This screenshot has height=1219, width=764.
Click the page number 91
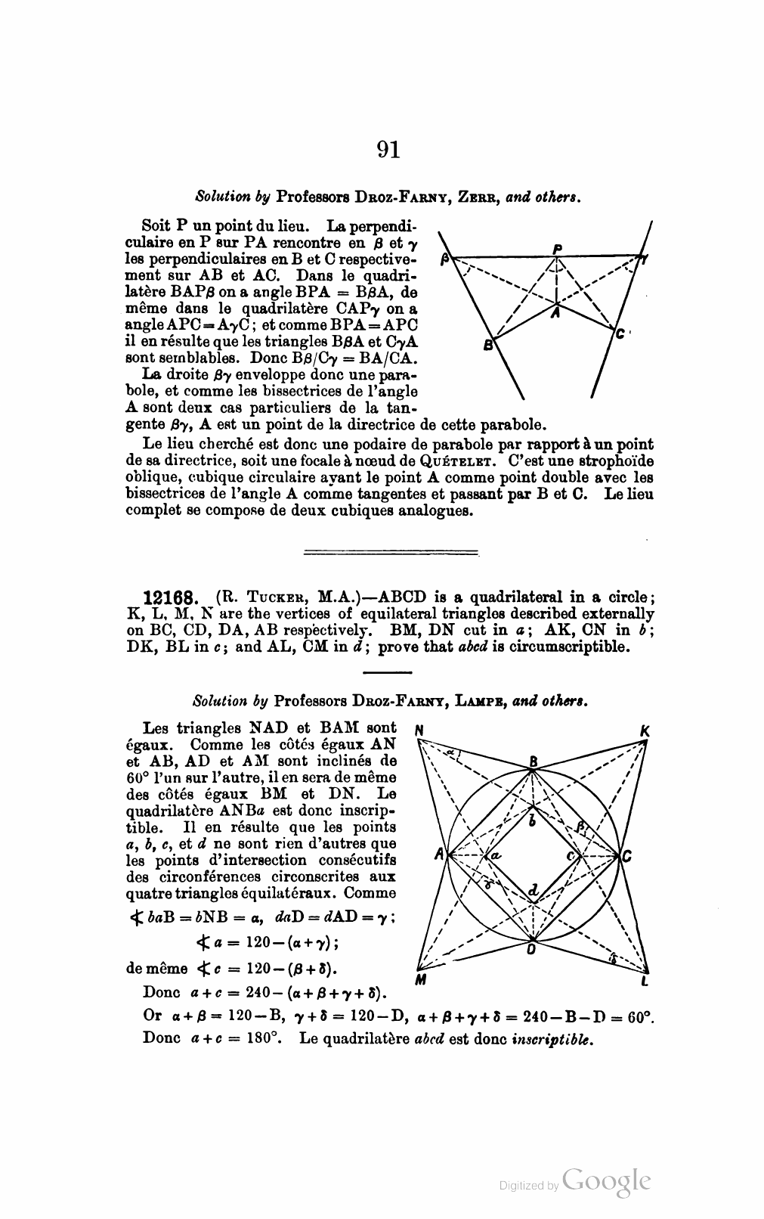388,149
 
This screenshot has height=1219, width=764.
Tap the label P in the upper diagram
557,249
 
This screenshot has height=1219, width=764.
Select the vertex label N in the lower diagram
418,731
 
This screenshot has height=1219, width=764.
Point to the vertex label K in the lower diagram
644,731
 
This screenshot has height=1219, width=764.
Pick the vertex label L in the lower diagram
644,982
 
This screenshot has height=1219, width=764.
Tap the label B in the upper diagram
488,346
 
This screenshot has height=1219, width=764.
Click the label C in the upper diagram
620,333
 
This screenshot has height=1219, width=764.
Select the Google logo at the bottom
607,1182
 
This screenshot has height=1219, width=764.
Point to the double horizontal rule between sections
391,552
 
